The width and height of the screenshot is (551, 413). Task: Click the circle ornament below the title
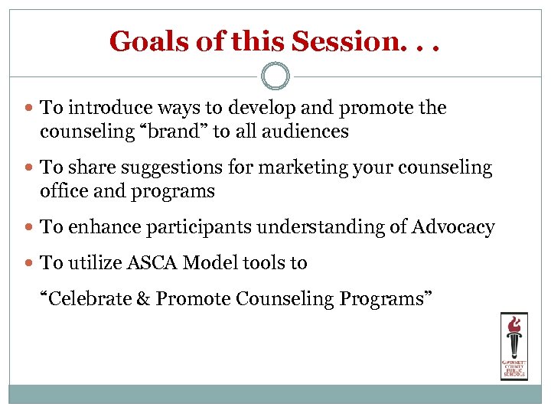275,76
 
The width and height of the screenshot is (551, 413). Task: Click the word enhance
106,227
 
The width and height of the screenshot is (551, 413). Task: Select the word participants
201,227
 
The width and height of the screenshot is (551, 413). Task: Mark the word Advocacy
453,227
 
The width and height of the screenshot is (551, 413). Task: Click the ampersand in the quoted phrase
143,298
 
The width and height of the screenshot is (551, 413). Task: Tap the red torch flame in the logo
513,323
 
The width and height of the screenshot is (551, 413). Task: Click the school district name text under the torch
513,369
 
